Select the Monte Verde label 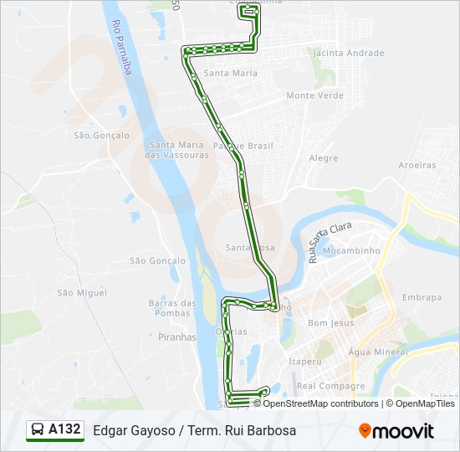(x=314, y=95)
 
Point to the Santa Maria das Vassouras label (x=176, y=150)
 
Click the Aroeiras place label (x=417, y=165)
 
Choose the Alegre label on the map (x=324, y=158)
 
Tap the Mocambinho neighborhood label (x=352, y=250)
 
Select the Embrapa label (x=422, y=297)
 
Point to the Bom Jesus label (x=331, y=322)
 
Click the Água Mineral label (x=378, y=352)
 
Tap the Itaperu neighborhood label (x=304, y=362)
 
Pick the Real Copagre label (x=331, y=386)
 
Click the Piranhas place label (x=176, y=337)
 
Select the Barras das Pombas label (x=172, y=308)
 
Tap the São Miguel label (x=76, y=292)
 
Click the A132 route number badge (x=64, y=430)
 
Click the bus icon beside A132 (x=38, y=431)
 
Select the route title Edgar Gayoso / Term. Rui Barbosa (x=194, y=431)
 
